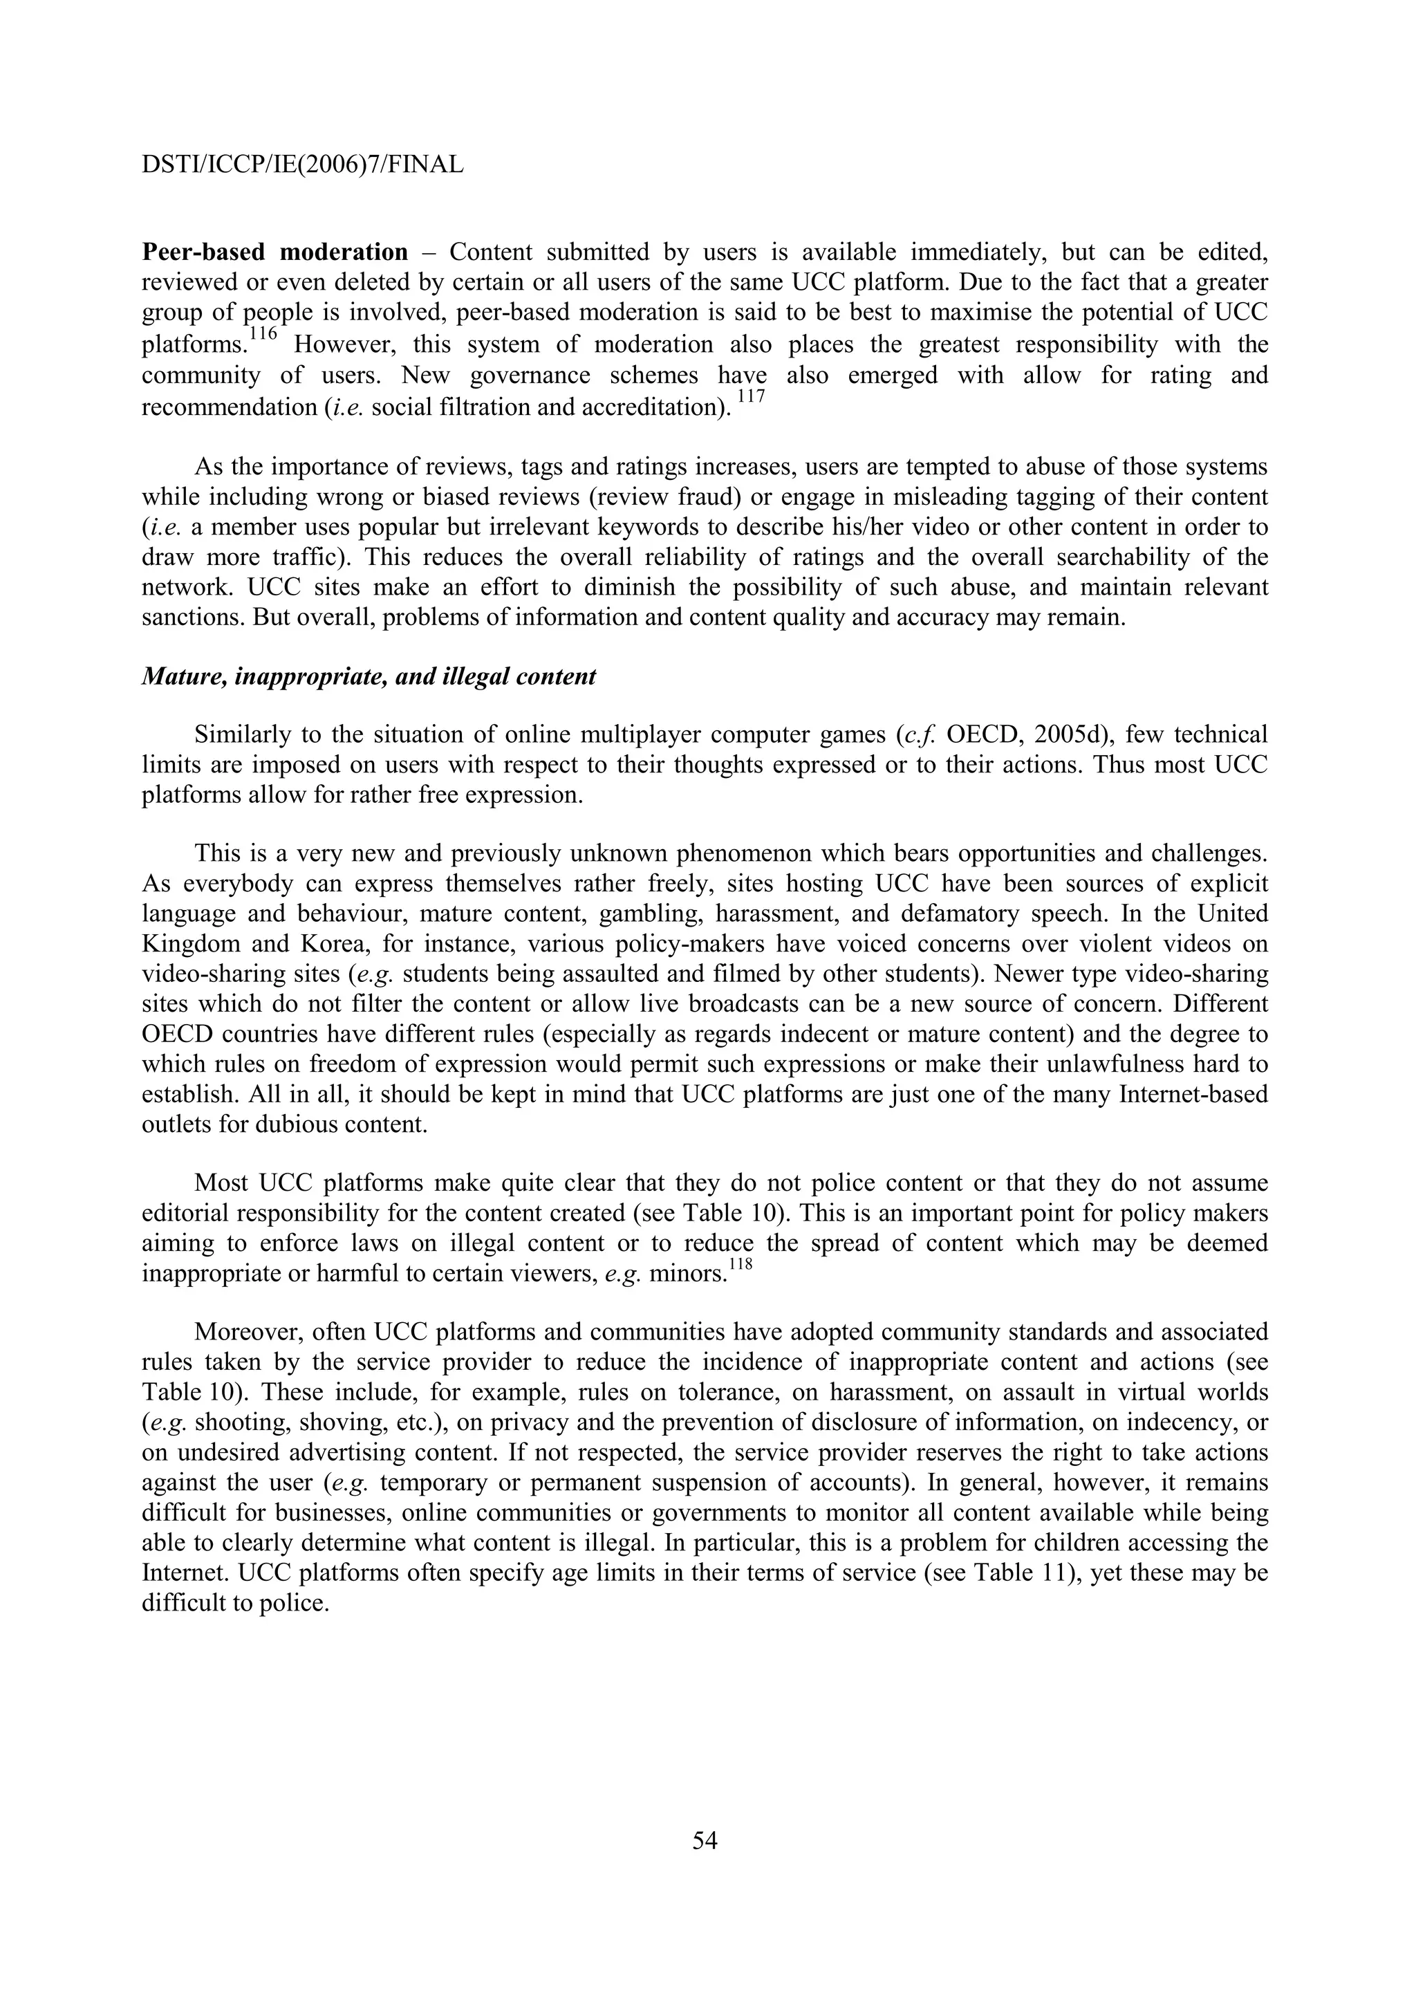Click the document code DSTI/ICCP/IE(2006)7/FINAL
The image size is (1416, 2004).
(x=302, y=164)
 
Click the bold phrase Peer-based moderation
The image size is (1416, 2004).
(x=274, y=253)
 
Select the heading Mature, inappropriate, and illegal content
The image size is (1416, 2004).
(x=369, y=676)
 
